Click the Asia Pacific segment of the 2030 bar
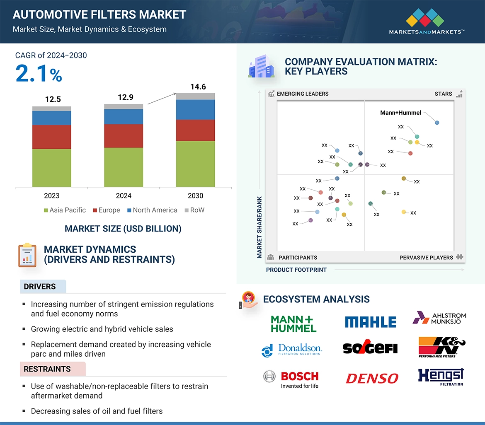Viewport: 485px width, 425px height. pos(195,164)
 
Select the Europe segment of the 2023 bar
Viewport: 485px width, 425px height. pos(52,137)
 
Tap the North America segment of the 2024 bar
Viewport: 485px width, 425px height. pos(124,116)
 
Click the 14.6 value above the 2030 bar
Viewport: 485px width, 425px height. pos(198,87)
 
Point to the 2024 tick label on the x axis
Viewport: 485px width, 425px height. pos(124,196)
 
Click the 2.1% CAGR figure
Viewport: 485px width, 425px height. pos(39,74)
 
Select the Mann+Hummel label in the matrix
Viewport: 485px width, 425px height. pos(400,113)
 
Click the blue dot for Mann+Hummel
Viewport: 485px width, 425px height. pos(437,123)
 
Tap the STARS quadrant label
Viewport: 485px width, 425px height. pos(443,94)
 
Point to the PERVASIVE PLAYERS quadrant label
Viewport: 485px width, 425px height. pos(426,258)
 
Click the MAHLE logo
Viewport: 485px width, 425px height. pos(370,322)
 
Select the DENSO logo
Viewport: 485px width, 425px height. pos(372,378)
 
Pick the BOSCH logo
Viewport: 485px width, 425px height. pos(299,377)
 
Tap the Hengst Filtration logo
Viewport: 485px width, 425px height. pos(441,377)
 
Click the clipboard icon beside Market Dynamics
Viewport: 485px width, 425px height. pos(27,255)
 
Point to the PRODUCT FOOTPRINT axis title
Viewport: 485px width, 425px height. pos(296,270)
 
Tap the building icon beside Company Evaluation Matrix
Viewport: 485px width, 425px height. pos(261,67)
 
